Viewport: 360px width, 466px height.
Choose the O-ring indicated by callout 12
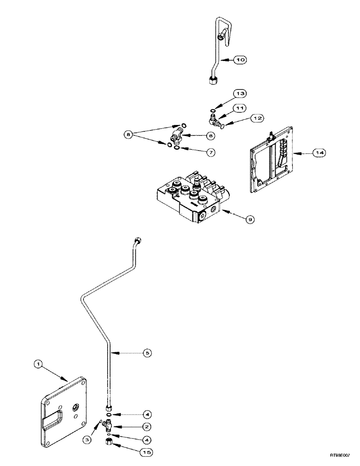pyautogui.click(x=222, y=125)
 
